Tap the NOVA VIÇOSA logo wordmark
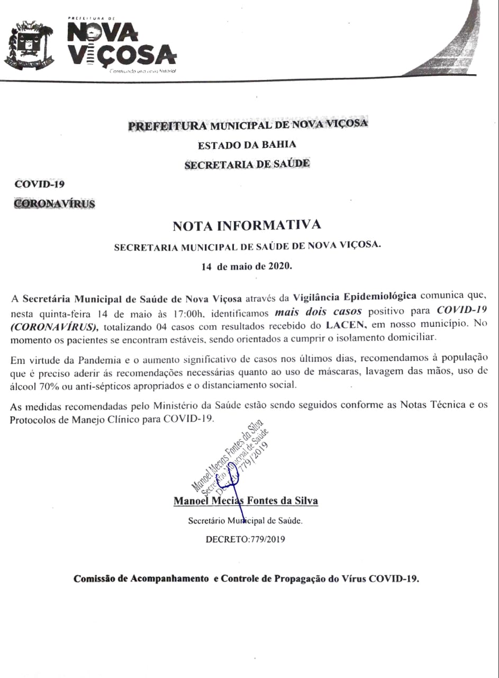122,46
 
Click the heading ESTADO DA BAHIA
247,145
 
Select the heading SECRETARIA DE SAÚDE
247,164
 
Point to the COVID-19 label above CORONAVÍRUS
40,184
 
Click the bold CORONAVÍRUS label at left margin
55,203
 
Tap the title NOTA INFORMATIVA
247,226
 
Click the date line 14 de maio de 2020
247,266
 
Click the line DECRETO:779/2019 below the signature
247,540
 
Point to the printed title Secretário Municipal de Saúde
246,521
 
